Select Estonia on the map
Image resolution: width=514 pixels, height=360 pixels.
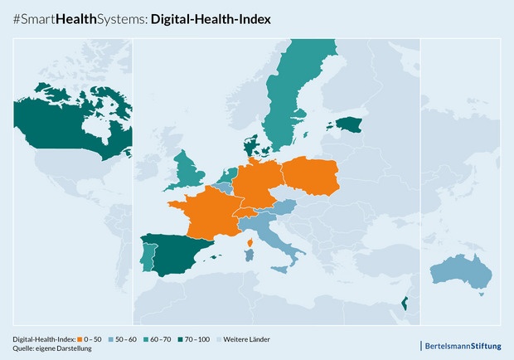[x=349, y=124]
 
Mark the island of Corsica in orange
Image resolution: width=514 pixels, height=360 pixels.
[x=250, y=242]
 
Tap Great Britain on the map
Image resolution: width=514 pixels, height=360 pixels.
[x=192, y=170]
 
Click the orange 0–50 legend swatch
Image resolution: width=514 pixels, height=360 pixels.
[x=80, y=339]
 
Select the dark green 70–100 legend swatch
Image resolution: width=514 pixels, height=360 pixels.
[x=180, y=339]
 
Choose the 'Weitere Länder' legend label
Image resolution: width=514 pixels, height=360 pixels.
[x=247, y=339]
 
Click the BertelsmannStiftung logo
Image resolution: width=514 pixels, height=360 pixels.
[x=461, y=344]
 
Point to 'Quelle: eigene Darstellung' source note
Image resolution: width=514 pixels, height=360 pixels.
[x=52, y=348]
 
